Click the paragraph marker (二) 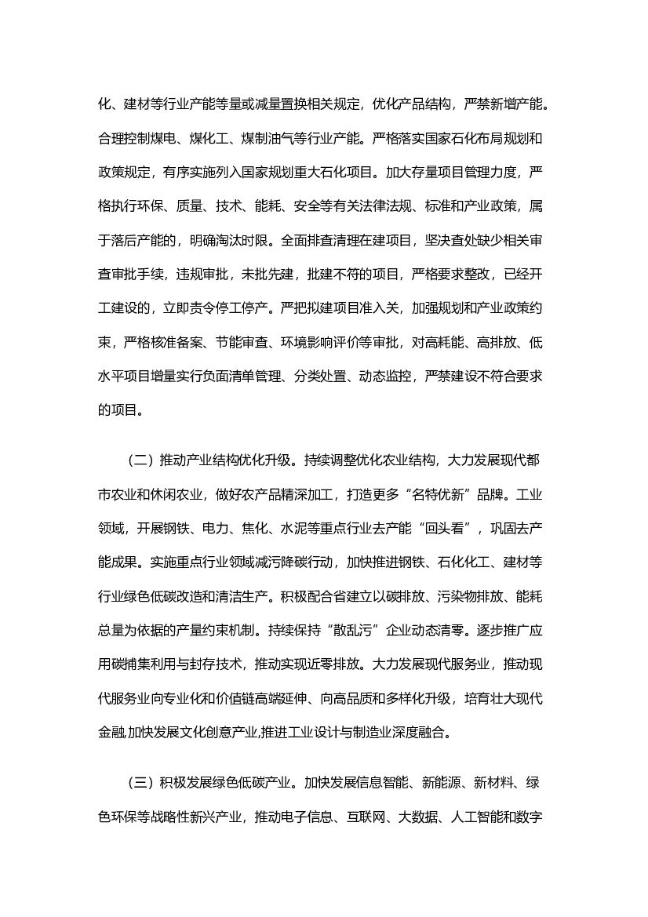(137, 460)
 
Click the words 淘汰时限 (249, 240)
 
